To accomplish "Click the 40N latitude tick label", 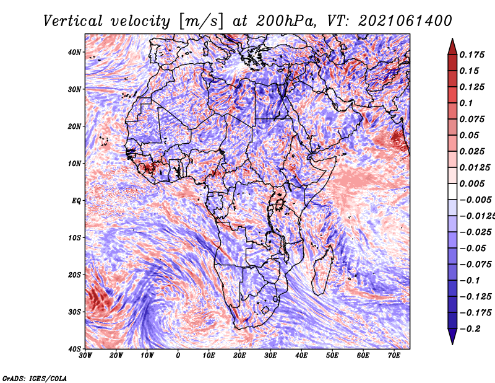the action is point(74,52).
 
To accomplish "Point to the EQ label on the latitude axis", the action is point(76,201).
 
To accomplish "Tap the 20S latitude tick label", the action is point(74,275).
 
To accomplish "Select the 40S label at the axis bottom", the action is point(74,349).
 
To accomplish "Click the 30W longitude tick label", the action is point(85,356).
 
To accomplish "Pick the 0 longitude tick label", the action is point(178,356).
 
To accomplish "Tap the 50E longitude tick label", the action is point(332,356).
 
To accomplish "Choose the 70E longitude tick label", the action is point(394,356).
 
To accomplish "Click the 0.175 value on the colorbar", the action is point(472,55).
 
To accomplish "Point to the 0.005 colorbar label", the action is point(472,183).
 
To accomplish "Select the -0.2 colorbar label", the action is point(470,328).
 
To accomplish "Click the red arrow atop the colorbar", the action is point(452,47).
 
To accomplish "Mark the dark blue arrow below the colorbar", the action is point(452,337).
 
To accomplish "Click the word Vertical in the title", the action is point(73,21).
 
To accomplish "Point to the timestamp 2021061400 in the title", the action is point(405,21).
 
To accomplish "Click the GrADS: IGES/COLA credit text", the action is point(35,378).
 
